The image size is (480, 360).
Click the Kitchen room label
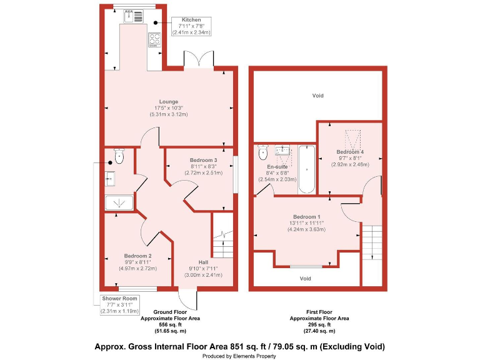(191, 20)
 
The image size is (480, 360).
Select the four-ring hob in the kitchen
(154, 39)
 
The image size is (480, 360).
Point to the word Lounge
(168, 102)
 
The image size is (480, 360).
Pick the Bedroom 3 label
(204, 160)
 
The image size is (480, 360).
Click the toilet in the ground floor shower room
(119, 155)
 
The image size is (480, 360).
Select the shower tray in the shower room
(119, 203)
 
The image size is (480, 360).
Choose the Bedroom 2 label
(137, 256)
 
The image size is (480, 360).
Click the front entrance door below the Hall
(187, 297)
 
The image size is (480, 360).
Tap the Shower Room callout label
(119, 299)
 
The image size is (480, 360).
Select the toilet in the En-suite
(263, 152)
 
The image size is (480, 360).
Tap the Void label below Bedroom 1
(305, 279)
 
